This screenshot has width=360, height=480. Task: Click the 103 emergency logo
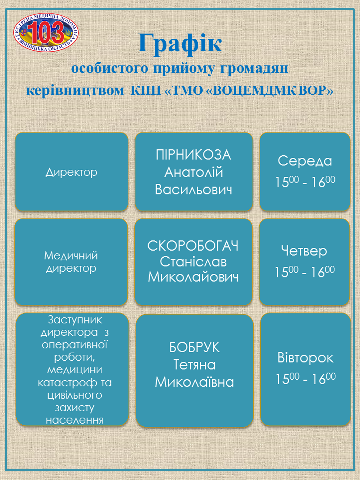(x=46, y=33)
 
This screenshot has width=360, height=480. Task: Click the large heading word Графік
(x=180, y=43)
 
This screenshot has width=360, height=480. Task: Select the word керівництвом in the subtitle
(x=75, y=91)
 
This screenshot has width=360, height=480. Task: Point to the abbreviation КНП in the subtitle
(x=145, y=91)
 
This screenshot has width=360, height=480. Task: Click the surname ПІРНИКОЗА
(x=194, y=155)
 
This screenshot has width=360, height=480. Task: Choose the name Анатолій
(x=194, y=172)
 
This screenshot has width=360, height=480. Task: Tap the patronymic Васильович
(x=194, y=190)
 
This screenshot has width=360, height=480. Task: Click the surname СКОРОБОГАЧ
(x=193, y=246)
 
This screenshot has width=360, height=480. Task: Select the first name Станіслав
(x=193, y=262)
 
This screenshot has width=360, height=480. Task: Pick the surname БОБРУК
(x=194, y=348)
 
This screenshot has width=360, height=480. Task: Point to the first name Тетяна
(x=194, y=365)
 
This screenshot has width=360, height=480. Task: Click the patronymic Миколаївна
(x=194, y=382)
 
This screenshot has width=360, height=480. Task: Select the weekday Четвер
(x=304, y=251)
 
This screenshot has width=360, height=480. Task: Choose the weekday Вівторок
(x=306, y=358)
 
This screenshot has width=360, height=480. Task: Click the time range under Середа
(x=305, y=182)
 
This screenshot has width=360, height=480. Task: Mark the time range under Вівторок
(x=306, y=378)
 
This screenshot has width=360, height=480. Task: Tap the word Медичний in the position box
(x=71, y=255)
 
